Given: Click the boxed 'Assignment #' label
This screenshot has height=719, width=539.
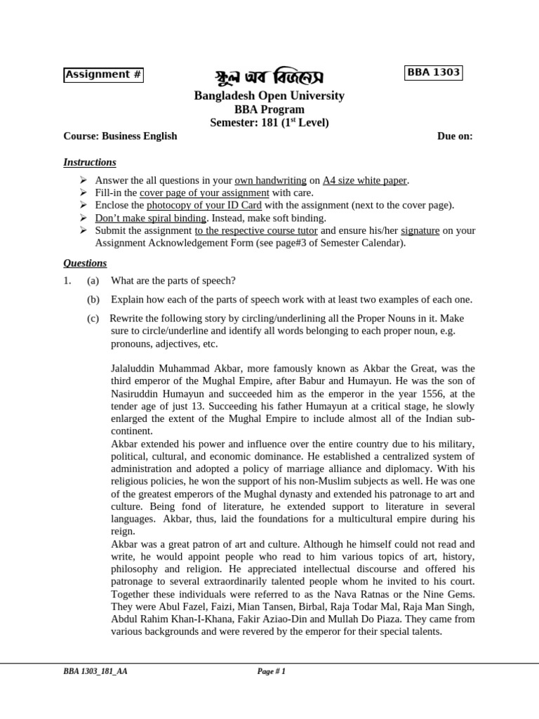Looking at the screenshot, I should [x=103, y=75].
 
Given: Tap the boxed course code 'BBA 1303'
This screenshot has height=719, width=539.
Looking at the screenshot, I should [x=434, y=72].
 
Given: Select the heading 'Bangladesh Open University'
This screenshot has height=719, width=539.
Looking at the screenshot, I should [x=269, y=95].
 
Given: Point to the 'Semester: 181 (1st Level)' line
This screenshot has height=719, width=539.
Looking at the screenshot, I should [x=269, y=122].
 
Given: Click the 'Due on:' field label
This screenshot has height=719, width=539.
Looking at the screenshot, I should [x=455, y=136].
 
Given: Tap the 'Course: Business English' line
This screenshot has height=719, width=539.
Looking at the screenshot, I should [x=120, y=136].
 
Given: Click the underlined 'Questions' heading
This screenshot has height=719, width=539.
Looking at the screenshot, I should [x=85, y=263].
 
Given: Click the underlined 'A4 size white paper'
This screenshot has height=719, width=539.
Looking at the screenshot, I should [x=364, y=180].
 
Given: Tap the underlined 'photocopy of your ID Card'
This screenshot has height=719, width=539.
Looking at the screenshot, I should [x=204, y=205].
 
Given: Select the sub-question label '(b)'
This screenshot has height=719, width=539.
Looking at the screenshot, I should [x=93, y=299].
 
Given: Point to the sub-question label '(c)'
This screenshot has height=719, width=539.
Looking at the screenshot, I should [x=93, y=318].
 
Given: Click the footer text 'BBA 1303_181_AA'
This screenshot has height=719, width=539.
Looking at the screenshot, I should [x=95, y=671].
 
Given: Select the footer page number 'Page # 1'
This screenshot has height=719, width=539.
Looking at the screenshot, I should [x=271, y=671].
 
